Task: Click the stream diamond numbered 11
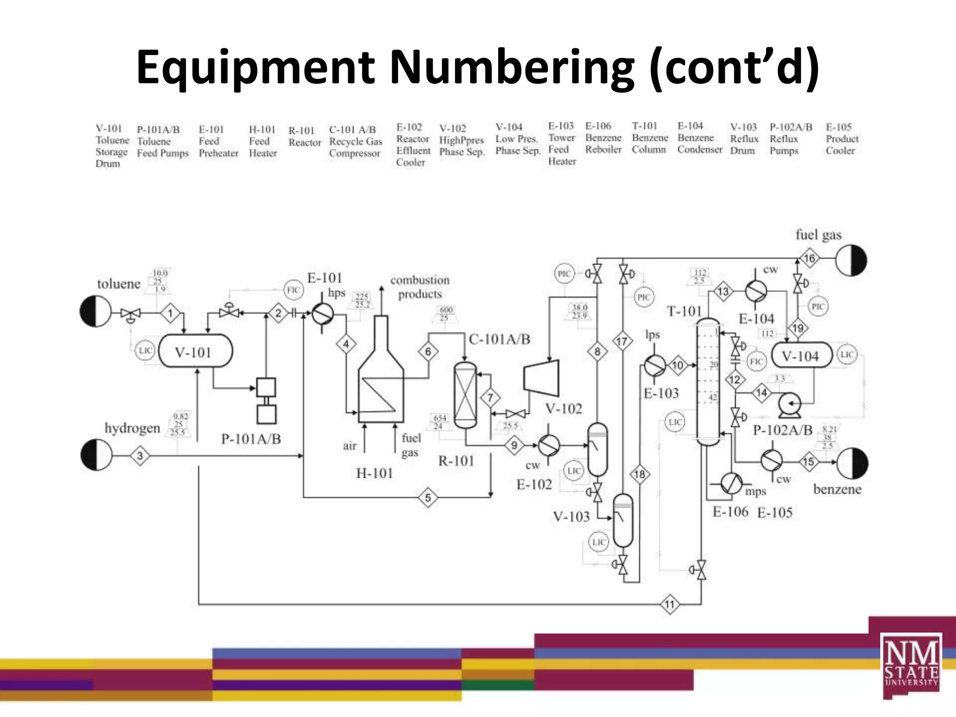pyautogui.click(x=670, y=605)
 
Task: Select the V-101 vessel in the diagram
pyautogui.click(x=195, y=351)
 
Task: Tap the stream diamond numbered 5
pyautogui.click(x=428, y=498)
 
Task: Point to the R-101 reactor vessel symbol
pyautogui.click(x=465, y=395)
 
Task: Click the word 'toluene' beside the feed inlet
pyautogui.click(x=119, y=284)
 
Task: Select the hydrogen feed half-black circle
pyautogui.click(x=97, y=455)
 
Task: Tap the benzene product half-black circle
pyautogui.click(x=852, y=463)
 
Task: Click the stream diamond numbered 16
pyautogui.click(x=809, y=258)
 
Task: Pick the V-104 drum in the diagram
pyautogui.click(x=801, y=356)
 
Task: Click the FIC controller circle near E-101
pyautogui.click(x=294, y=290)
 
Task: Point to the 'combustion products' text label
pyautogui.click(x=420, y=287)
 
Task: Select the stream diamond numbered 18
pyautogui.click(x=640, y=474)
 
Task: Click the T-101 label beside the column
pyautogui.click(x=684, y=311)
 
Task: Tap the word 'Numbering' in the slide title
pyautogui.click(x=512, y=68)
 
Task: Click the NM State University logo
pyautogui.click(x=911, y=665)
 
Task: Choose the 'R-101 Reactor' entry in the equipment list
pyautogui.click(x=304, y=136)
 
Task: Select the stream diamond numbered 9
pyautogui.click(x=514, y=445)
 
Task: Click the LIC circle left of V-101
pyautogui.click(x=145, y=351)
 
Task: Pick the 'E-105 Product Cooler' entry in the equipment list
pyautogui.click(x=842, y=139)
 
